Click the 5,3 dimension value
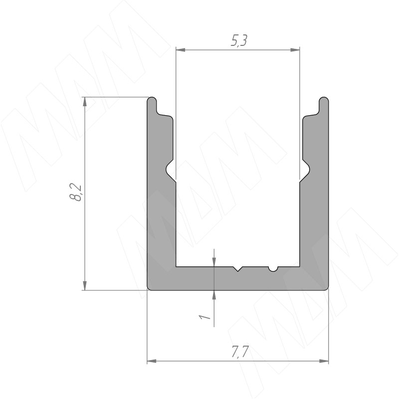pyautogui.click(x=239, y=41)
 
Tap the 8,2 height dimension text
pyautogui.click(x=76, y=193)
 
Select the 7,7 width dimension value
pyautogui.click(x=240, y=352)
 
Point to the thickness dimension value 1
pyautogui.click(x=204, y=317)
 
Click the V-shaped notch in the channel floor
pyautogui.click(x=238, y=269)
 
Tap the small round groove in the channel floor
pyautogui.click(x=273, y=269)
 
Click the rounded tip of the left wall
pyautogui.click(x=152, y=100)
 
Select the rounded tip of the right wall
pyautogui.click(x=324, y=100)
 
